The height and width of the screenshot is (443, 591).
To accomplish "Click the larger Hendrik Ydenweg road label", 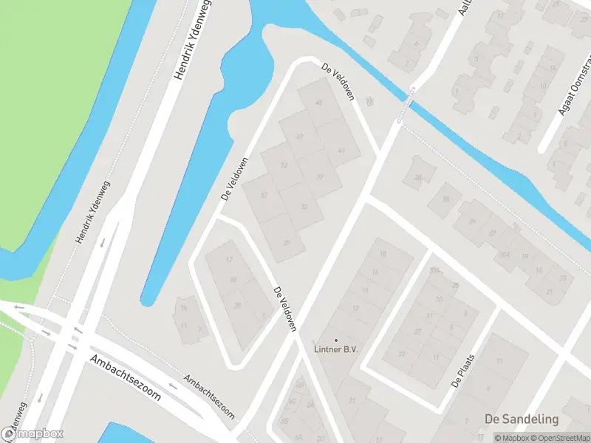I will (x=189, y=40).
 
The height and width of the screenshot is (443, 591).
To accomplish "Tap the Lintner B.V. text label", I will (x=335, y=350).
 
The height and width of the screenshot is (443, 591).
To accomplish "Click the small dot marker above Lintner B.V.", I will (x=336, y=340).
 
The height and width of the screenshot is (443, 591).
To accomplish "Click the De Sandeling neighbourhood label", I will (x=522, y=419).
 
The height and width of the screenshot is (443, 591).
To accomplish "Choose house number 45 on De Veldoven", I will (x=320, y=102).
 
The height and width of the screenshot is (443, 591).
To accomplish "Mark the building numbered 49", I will (x=300, y=137).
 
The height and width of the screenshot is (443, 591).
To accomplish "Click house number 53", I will (x=283, y=164).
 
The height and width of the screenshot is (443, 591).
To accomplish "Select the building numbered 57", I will (x=264, y=195).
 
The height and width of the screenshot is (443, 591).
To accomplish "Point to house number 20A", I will (x=504, y=255).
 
